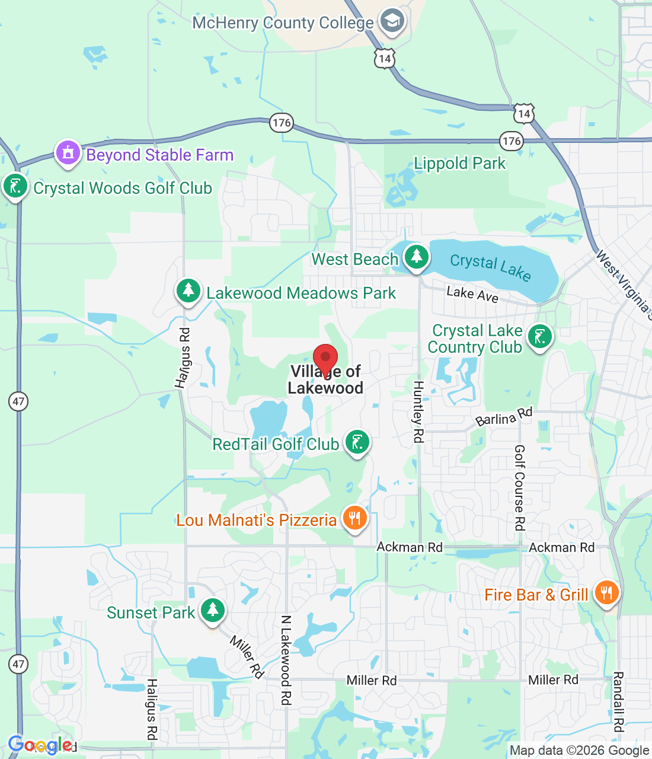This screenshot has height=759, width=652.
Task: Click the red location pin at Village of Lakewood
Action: [325, 359]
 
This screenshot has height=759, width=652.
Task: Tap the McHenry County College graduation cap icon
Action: [391, 21]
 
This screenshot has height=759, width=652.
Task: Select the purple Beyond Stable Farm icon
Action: [68, 153]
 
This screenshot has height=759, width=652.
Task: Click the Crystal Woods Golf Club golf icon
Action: [15, 186]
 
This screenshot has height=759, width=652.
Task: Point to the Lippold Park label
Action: [460, 164]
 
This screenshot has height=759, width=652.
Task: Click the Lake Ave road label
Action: [472, 294]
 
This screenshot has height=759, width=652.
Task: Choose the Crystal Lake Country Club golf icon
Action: [539, 337]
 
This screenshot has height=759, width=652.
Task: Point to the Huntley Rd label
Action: [418, 412]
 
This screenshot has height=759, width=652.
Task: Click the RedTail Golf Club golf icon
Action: [357, 442]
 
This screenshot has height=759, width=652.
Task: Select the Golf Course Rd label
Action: [520, 487]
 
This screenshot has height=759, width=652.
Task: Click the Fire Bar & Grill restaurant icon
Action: [606, 593]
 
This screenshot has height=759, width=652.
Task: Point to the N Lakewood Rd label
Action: [286, 660]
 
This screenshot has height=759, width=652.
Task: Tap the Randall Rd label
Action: [618, 701]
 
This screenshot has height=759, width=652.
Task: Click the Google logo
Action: [40, 745]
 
